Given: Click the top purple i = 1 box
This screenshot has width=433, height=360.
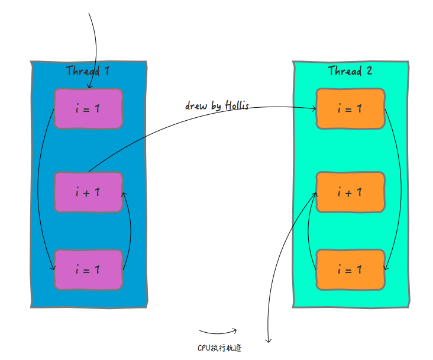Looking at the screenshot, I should (x=88, y=108).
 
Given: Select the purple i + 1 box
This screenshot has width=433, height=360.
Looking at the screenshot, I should (x=88, y=192).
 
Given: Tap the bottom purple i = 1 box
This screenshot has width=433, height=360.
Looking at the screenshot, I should (x=88, y=269).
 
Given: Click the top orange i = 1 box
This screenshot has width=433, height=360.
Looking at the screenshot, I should (x=350, y=108).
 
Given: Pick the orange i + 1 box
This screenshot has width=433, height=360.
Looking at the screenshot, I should (x=350, y=192).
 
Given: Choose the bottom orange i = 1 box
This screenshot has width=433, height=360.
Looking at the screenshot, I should (x=350, y=269).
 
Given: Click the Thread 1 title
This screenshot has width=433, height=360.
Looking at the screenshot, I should (x=88, y=71).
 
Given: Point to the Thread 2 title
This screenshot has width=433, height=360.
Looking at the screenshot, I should (x=350, y=71).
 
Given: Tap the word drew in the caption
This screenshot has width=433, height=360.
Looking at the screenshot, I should (x=196, y=106).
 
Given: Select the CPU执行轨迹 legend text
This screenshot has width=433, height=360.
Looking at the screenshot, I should (x=219, y=348).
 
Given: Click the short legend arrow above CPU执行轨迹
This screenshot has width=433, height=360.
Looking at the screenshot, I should (x=218, y=332).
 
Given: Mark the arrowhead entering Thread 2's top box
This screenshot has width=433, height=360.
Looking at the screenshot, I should (x=314, y=108).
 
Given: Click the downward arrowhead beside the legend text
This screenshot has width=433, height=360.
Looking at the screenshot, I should (x=268, y=340).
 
